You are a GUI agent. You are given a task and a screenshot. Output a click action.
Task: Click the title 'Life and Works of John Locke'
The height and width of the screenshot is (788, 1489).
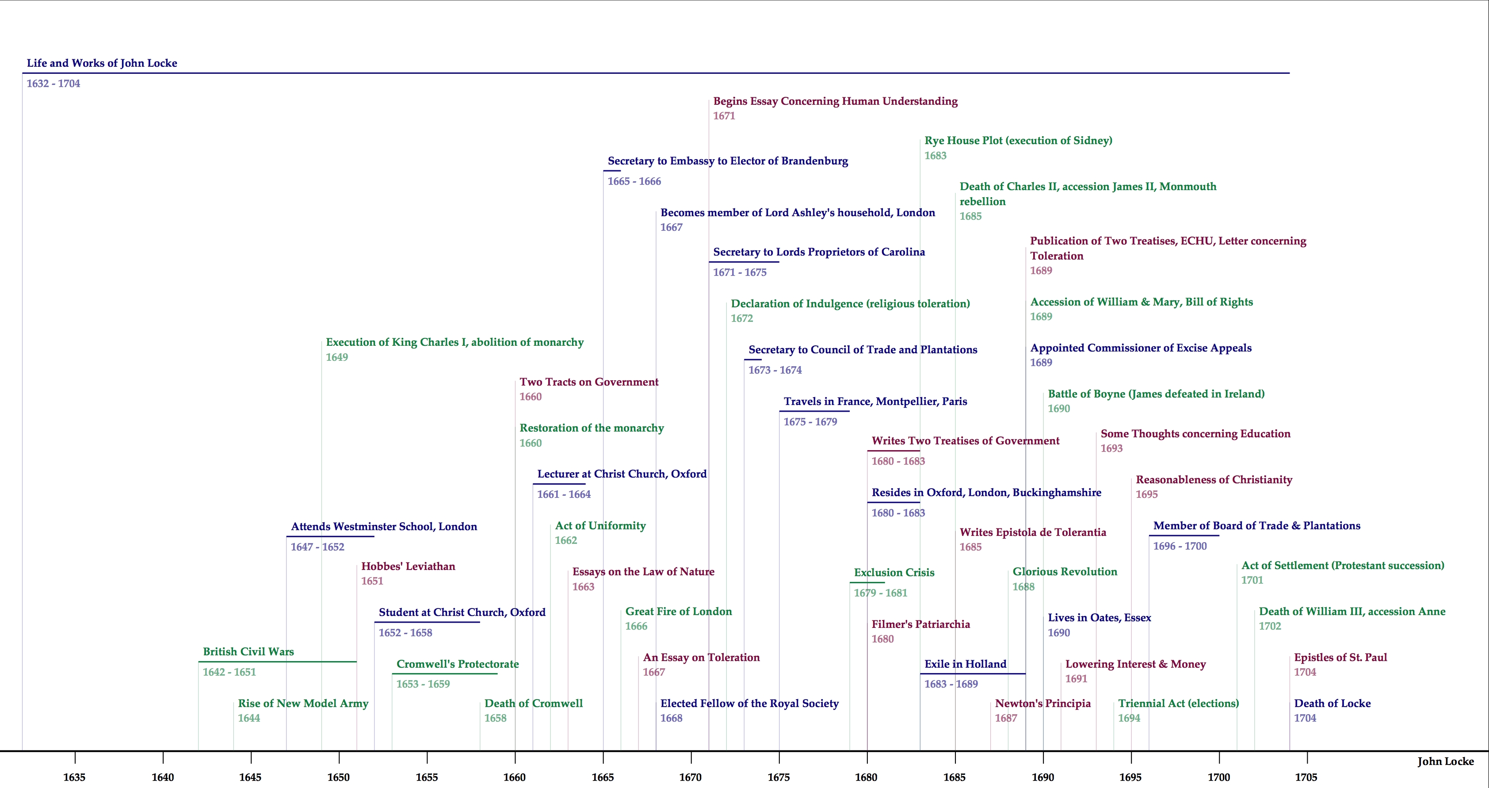(102, 63)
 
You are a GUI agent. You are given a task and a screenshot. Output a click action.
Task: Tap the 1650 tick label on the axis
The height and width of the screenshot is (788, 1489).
(338, 777)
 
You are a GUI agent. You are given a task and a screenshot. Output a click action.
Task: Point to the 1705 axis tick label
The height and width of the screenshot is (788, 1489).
(1306, 777)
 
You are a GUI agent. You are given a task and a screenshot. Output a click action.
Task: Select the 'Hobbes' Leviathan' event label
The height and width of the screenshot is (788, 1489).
(408, 566)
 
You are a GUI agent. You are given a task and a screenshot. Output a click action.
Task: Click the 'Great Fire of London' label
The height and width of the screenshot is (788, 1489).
(678, 612)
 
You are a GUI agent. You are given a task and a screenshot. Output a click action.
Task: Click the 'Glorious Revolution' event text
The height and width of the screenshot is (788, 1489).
(1064, 572)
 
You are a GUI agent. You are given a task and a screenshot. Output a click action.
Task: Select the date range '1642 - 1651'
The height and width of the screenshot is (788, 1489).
(229, 672)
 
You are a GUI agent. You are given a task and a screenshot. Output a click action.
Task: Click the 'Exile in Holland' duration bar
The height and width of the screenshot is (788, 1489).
(972, 673)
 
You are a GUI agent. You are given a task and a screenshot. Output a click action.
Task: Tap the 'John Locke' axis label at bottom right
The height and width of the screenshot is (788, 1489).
(1445, 761)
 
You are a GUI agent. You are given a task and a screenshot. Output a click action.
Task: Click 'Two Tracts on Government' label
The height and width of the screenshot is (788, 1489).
(588, 382)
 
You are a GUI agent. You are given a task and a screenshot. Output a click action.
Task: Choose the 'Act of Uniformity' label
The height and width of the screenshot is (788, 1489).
(600, 525)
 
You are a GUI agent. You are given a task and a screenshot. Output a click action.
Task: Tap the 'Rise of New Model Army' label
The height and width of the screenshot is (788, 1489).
(303, 704)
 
